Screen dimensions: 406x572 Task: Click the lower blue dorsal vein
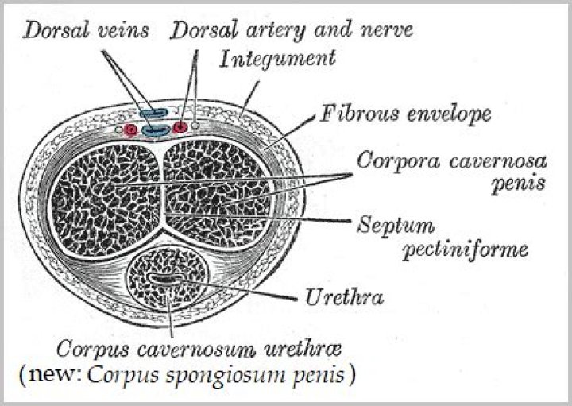coord(156,129)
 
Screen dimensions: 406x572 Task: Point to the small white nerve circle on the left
coord(119,128)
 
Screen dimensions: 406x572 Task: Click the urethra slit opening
coord(164,280)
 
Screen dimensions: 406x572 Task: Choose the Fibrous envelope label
coord(405,114)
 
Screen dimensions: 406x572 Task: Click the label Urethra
coord(345,299)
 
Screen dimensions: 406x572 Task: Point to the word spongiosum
coord(228,373)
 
